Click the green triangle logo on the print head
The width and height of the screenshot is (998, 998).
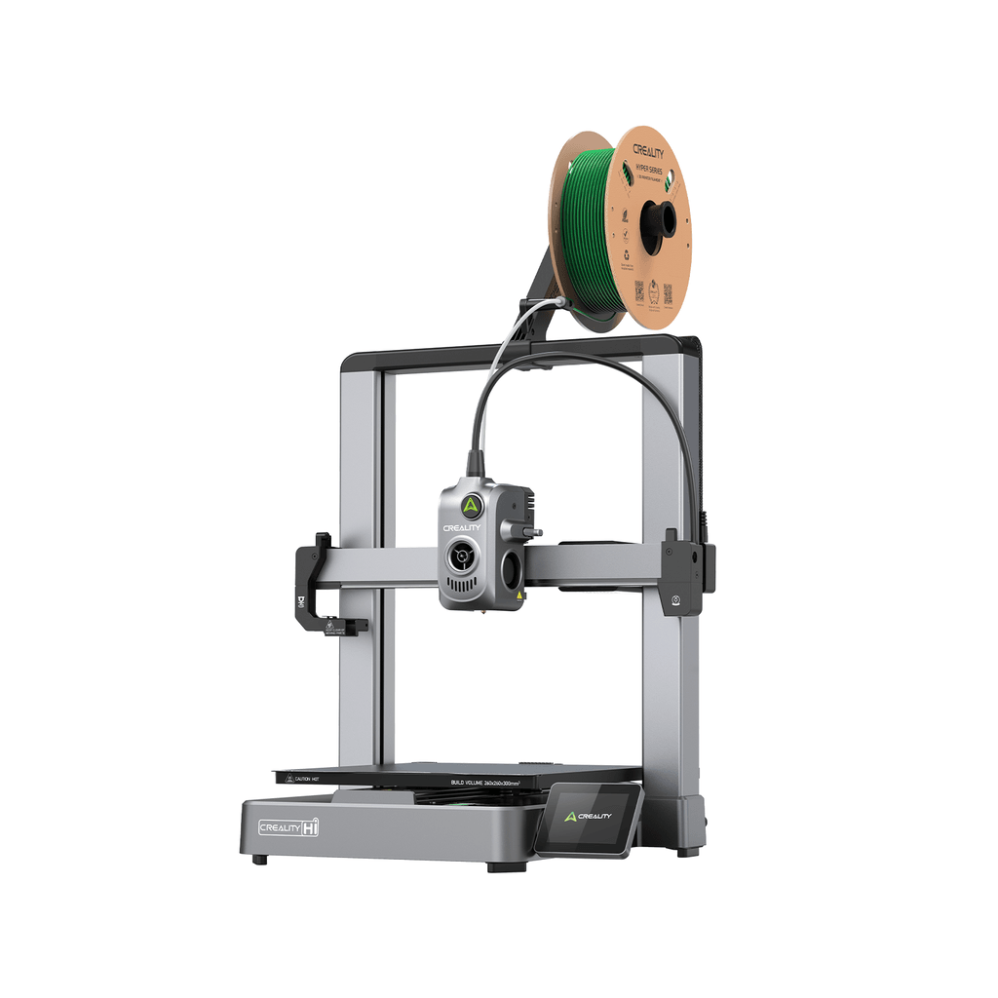471,504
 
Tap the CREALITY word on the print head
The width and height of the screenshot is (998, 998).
462,527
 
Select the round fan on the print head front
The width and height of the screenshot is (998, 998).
460,557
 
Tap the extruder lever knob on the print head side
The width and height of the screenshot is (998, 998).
533,533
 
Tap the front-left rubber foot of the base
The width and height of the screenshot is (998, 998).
258,859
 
